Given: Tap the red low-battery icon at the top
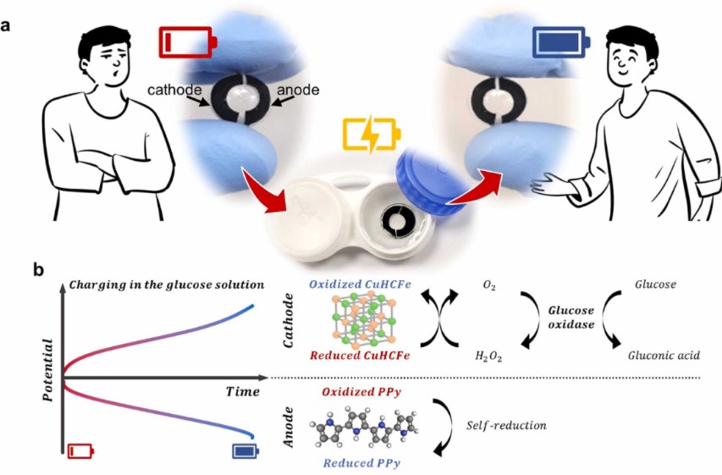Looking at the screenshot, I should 187,41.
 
